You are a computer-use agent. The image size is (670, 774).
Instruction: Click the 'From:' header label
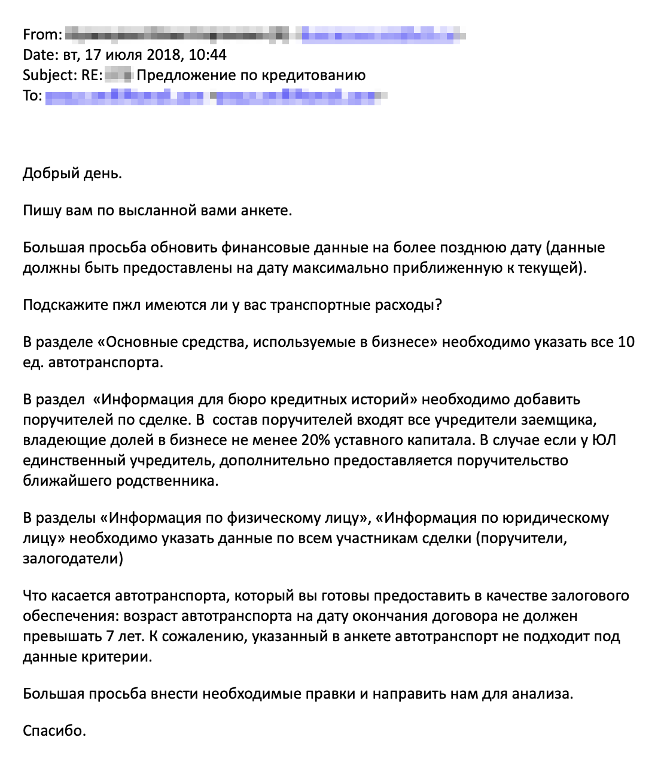point(42,35)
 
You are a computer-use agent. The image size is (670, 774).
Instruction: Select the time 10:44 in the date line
point(208,55)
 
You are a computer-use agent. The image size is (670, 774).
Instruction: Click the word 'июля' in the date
point(124,55)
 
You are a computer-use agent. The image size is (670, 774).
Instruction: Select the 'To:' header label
point(32,96)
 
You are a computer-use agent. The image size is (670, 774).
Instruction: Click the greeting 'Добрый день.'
point(72,173)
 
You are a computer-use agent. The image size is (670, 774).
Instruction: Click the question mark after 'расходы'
point(438,305)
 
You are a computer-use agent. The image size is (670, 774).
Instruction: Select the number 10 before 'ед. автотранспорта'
point(626,342)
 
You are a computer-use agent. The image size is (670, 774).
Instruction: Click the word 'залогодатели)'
point(73,559)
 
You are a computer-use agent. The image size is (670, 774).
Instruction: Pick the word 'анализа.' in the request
point(547,694)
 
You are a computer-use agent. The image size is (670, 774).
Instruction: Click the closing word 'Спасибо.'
point(54,731)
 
